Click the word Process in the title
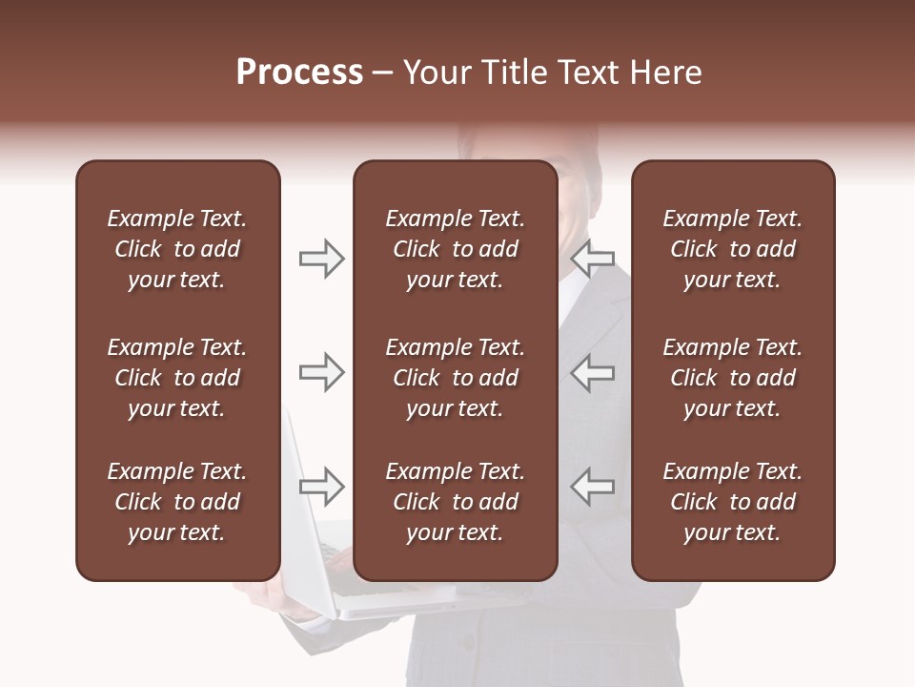(299, 73)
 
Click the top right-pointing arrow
(321, 258)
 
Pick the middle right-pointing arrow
(321, 372)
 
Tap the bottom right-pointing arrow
(321, 487)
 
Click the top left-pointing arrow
(593, 258)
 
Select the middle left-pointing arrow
(593, 372)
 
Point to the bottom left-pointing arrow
(593, 487)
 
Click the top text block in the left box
(177, 249)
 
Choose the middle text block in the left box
(177, 378)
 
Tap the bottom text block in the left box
(177, 502)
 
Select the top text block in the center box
(455, 249)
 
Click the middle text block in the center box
(455, 378)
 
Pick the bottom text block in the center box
(455, 502)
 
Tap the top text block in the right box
(732, 249)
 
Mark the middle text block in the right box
(732, 378)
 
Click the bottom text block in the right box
(732, 502)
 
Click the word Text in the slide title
(597, 73)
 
